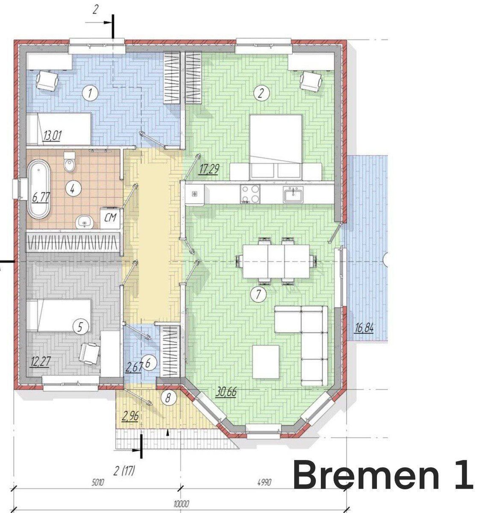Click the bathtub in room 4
39,189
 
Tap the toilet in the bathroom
70,162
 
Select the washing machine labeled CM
110,218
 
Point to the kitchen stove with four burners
250,194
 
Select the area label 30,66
226,392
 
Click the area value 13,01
53,136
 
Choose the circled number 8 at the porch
168,397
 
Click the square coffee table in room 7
266,362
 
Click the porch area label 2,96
131,416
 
